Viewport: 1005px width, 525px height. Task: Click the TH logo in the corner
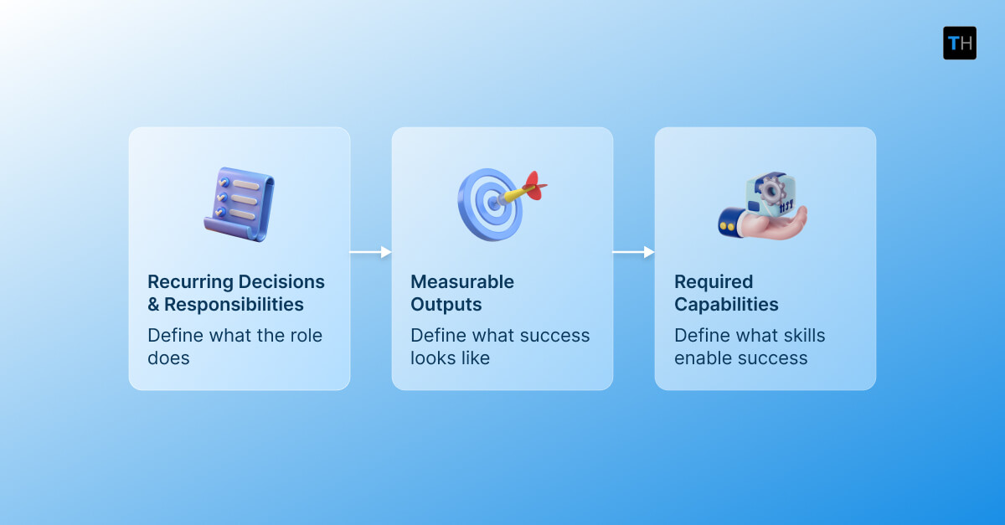pyautogui.click(x=959, y=43)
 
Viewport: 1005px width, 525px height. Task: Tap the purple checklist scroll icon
pyautogui.click(x=239, y=204)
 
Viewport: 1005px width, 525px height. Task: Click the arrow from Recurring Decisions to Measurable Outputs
pyautogui.click(x=370, y=252)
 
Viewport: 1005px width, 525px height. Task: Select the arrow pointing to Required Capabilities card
pyautogui.click(x=633, y=252)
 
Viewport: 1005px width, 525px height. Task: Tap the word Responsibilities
pyautogui.click(x=234, y=304)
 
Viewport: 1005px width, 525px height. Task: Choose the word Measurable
pyautogui.click(x=462, y=281)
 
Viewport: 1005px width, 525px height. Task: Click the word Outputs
pyautogui.click(x=446, y=304)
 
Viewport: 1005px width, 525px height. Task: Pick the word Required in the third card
pyautogui.click(x=714, y=281)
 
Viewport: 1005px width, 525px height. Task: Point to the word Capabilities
pyautogui.click(x=726, y=304)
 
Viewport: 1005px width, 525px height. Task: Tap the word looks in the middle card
pyautogui.click(x=431, y=358)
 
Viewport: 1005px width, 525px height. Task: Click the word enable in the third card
pyautogui.click(x=704, y=358)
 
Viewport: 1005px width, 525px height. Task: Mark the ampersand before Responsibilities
pyautogui.click(x=153, y=304)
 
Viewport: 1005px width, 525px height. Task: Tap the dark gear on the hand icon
pyautogui.click(x=768, y=189)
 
